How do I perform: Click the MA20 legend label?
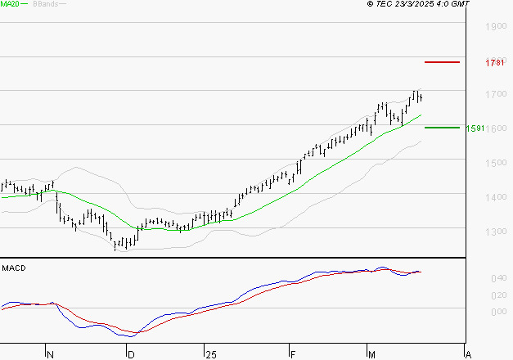point(11,4)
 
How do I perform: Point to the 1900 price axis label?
point(496,27)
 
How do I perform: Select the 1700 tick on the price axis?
point(496,95)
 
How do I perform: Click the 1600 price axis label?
point(496,129)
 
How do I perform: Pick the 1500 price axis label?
point(496,163)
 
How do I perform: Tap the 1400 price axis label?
point(496,197)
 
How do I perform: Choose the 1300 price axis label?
point(496,232)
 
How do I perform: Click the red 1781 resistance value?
point(494,63)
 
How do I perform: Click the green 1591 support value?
point(475,128)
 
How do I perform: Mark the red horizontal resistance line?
point(442,62)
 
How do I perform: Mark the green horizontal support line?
point(442,128)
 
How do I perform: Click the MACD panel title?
point(13,268)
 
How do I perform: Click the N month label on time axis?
point(50,354)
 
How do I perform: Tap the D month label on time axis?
point(130,354)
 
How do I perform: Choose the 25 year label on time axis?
point(211,354)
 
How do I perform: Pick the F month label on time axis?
point(291,354)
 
